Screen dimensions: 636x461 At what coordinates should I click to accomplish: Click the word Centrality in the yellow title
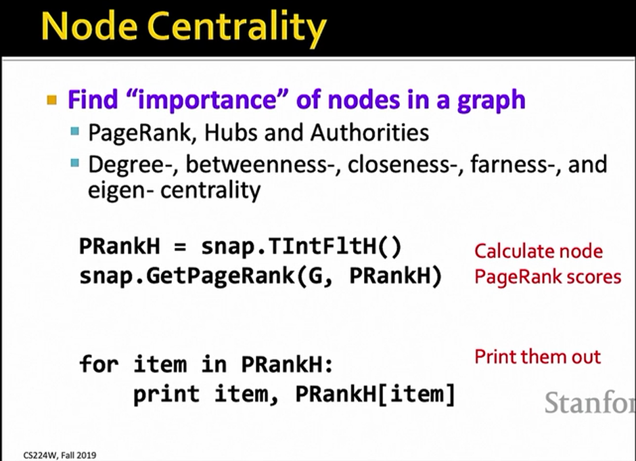240,28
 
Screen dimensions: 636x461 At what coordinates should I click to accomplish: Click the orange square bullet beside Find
52,100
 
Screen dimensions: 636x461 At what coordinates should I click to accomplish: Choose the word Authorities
370,132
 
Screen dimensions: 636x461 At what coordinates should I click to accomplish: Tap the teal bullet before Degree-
74,163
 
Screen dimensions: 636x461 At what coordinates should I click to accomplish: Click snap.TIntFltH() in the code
301,246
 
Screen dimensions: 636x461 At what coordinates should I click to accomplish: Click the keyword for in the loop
99,364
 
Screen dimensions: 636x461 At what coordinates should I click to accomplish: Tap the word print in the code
166,393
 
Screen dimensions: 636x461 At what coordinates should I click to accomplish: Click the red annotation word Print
495,357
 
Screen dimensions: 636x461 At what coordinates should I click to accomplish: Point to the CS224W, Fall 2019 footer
60,456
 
